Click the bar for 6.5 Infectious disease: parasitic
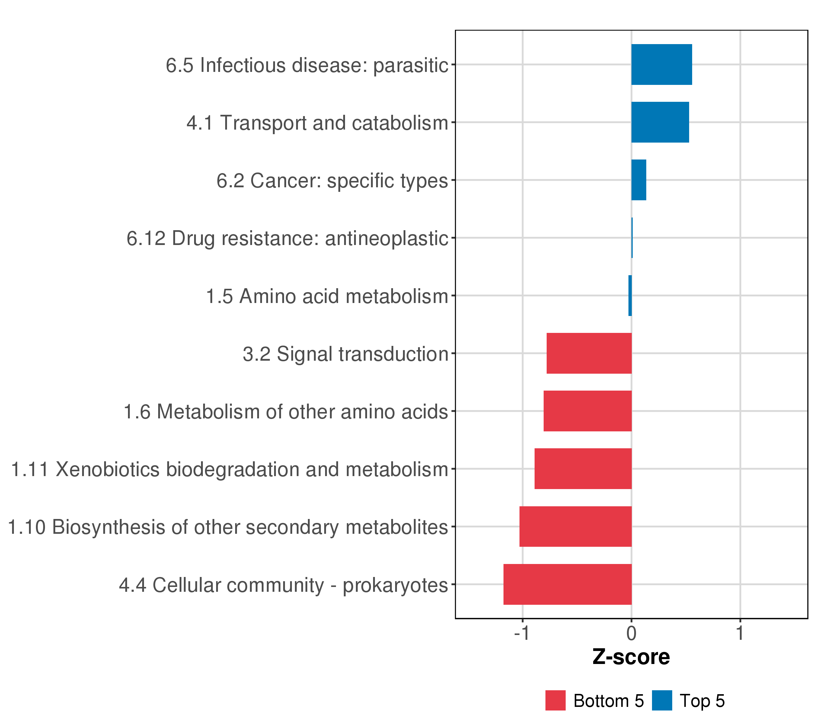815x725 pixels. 661,65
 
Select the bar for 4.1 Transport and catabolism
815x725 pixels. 660,122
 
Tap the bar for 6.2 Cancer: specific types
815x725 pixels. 639,180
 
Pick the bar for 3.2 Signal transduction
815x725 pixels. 589,353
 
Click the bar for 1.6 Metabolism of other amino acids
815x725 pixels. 587,411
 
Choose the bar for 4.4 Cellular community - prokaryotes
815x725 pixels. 567,584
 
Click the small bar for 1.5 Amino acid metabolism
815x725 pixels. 630,296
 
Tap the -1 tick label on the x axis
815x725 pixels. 522,633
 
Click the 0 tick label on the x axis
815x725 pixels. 631,633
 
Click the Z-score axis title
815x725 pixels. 631,657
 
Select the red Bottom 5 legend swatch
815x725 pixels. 555,700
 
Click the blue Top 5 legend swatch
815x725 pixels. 662,700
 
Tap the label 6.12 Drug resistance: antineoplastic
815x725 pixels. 287,239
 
